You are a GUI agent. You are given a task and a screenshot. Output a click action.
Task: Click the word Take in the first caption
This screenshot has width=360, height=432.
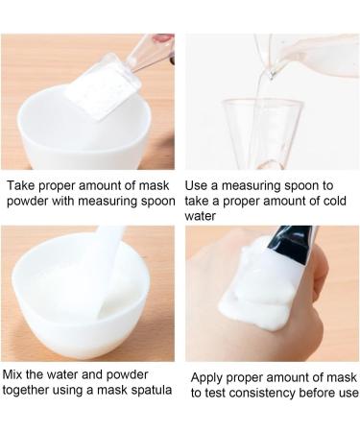[19, 185]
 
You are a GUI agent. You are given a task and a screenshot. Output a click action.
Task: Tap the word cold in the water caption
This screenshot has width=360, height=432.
[335, 201]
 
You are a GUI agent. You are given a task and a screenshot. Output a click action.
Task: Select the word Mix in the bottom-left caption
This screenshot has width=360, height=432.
[12, 374]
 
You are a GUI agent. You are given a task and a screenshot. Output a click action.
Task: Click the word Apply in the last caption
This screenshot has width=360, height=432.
[207, 378]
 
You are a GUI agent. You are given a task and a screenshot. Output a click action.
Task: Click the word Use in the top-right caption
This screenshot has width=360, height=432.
[195, 185]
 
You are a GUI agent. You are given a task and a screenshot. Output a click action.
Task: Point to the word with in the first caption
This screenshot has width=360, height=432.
[63, 201]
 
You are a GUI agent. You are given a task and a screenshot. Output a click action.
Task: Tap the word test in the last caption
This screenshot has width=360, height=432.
[215, 393]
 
